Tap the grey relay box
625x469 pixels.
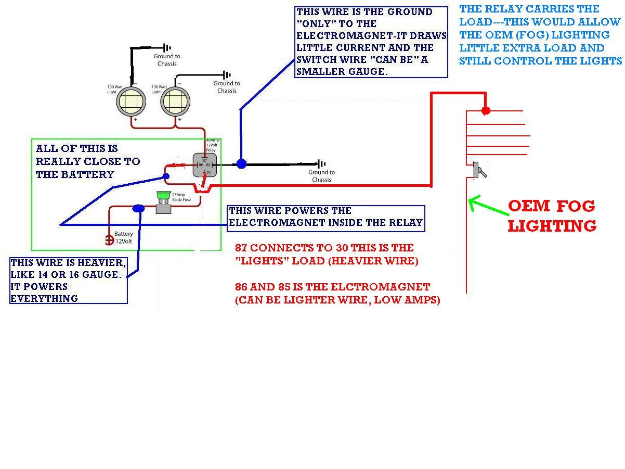coord(204,164)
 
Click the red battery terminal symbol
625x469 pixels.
coord(109,240)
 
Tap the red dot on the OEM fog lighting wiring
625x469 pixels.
coord(486,110)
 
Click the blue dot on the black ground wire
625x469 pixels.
coord(241,163)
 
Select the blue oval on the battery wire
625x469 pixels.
coord(138,208)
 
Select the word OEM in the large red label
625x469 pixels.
coord(529,206)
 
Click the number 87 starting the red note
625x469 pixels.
coord(241,248)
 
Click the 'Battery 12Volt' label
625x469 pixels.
coord(124,237)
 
